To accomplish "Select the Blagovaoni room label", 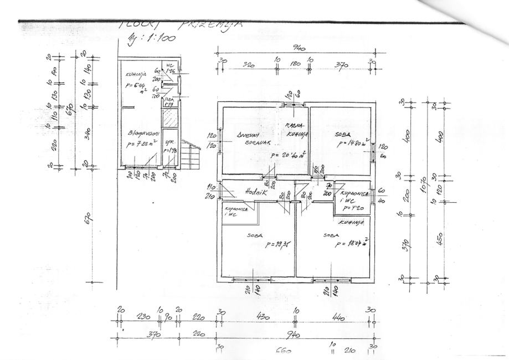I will (140, 133).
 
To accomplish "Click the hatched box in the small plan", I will (169, 119).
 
